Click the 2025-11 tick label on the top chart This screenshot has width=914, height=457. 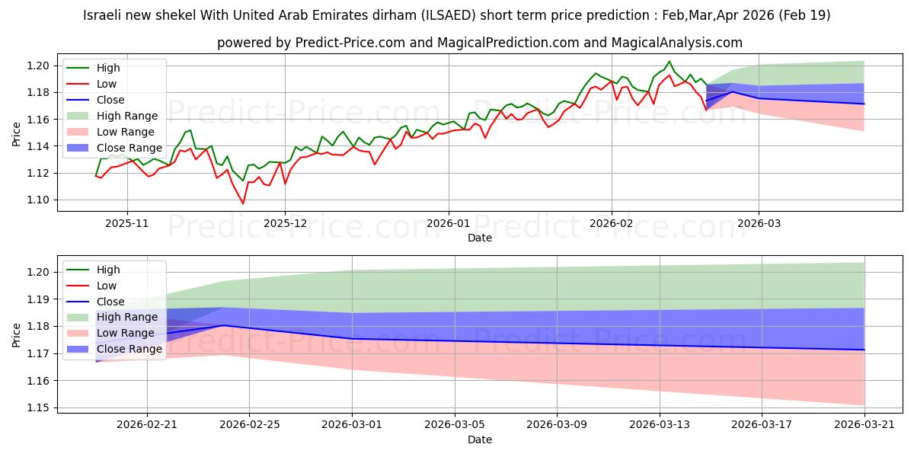127,224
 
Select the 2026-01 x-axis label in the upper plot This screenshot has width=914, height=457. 449,224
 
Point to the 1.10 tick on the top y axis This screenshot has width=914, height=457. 38,200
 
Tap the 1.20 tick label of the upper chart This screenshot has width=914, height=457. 38,66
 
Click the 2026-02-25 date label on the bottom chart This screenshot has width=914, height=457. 249,425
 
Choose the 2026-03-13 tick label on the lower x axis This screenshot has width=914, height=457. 660,425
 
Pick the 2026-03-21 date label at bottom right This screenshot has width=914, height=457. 864,425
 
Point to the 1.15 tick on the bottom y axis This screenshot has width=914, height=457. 38,408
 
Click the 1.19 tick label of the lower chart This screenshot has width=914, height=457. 38,299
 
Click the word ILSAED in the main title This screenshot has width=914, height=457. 449,15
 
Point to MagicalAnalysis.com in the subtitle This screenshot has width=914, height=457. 677,43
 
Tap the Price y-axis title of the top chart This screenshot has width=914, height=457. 16,134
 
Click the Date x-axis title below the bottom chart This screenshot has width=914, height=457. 480,439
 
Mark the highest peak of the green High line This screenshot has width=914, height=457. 670,62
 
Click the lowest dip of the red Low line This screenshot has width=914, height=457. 243,203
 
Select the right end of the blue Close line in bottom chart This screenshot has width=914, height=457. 864,350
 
